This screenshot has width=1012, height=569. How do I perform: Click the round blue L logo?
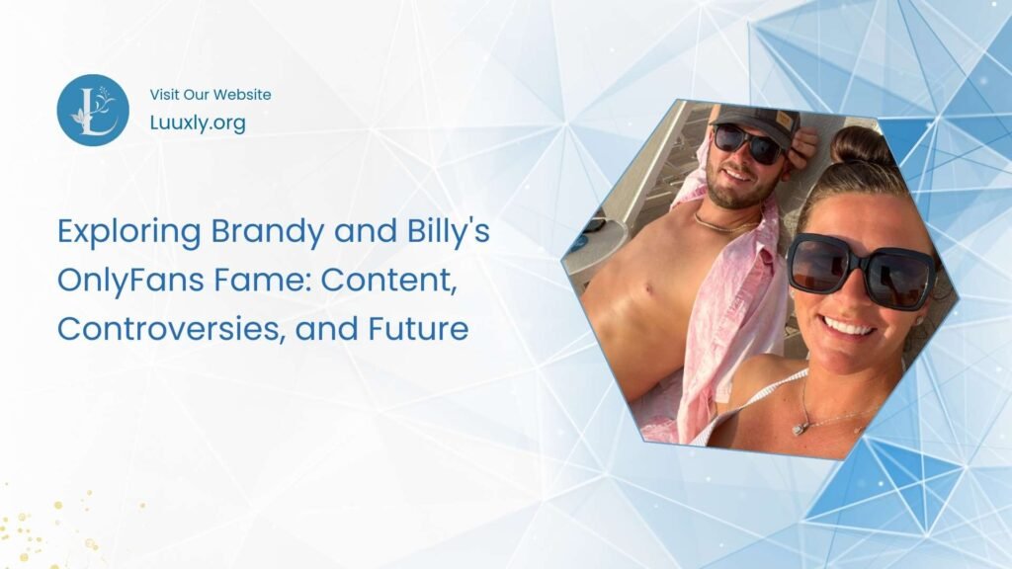coord(93,110)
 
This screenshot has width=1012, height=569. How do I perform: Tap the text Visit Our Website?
coord(211,95)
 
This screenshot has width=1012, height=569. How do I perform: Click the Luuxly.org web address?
coord(198,123)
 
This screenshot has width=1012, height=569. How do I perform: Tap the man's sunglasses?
coord(748,144)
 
